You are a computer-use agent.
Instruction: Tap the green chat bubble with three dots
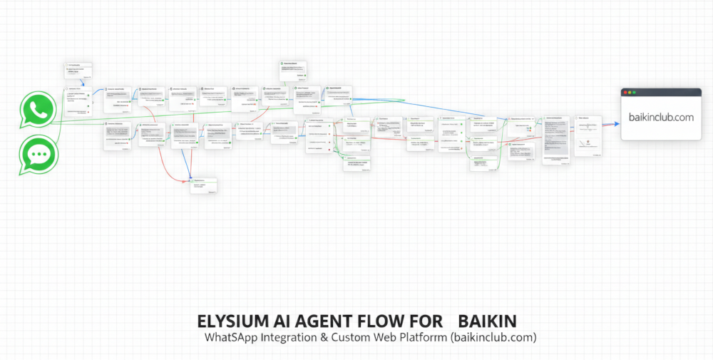coord(36,154)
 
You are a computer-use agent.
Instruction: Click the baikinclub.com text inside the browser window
coord(661,118)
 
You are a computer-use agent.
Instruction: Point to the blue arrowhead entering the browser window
coord(617,124)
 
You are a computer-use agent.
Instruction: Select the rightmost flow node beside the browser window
coord(588,135)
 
